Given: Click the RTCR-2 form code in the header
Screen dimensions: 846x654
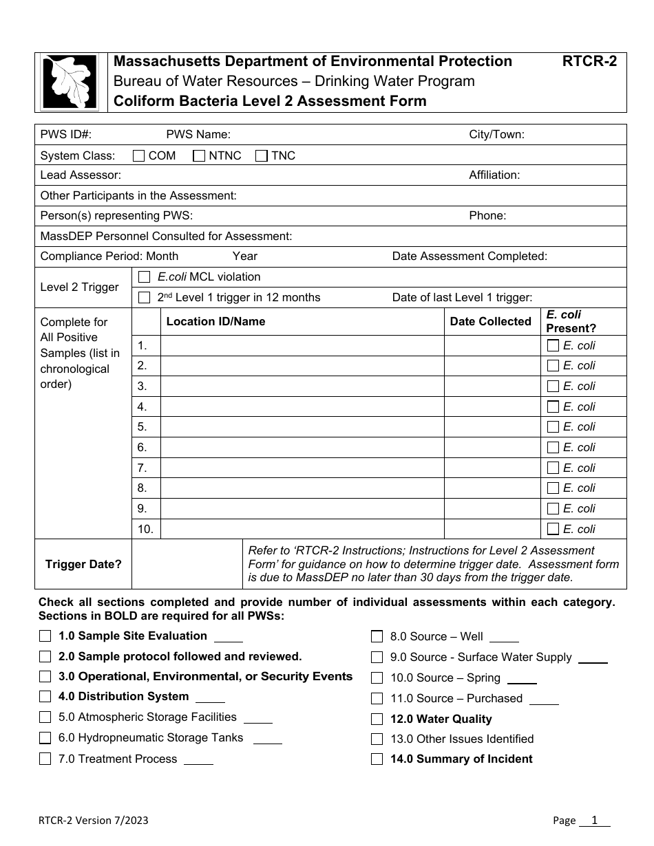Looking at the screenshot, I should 589,61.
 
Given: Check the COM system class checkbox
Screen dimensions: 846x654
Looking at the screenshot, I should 138,155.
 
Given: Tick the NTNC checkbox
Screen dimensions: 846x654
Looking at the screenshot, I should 199,155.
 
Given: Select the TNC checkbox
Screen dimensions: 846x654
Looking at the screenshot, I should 262,155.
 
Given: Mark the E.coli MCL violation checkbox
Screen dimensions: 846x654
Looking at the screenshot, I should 144,277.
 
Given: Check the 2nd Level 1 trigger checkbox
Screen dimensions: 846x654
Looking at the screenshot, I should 144,298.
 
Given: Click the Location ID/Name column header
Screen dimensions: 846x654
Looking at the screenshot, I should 215,321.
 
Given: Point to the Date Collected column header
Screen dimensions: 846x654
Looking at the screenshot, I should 490,321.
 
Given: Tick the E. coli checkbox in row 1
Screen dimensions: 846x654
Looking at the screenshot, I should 552,345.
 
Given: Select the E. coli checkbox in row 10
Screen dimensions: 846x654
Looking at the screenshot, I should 552,529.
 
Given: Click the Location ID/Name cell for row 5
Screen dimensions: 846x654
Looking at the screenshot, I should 302,426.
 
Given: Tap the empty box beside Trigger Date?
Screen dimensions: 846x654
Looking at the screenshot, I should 186,564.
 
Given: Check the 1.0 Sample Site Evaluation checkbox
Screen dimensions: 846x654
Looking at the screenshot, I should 45,636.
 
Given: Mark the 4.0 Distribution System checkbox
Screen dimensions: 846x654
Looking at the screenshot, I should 45,697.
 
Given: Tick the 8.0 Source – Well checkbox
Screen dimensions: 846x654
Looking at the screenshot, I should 377,636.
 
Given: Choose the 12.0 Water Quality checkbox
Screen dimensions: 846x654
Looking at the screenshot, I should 377,719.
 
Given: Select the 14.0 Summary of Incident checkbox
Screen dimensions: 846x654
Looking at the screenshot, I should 377,759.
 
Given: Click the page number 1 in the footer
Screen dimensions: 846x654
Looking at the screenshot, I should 593,820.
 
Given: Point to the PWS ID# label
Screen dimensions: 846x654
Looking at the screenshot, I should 66,135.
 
